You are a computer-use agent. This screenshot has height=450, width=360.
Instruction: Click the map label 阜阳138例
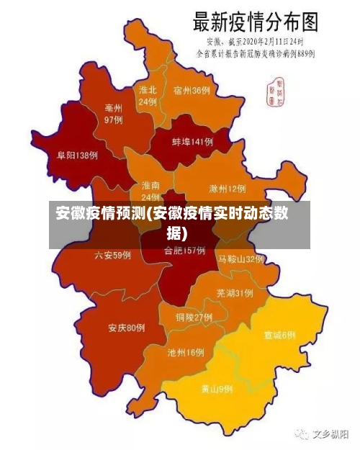(x=78, y=156)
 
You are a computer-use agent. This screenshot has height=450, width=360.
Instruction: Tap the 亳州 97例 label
(x=114, y=114)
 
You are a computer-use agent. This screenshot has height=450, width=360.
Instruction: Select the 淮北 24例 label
(x=148, y=96)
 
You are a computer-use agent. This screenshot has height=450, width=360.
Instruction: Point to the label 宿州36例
(x=192, y=91)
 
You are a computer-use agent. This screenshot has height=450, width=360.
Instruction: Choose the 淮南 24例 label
(x=150, y=191)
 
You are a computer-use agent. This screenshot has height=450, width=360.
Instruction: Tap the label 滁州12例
(x=228, y=189)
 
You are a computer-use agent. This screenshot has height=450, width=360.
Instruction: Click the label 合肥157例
(x=185, y=251)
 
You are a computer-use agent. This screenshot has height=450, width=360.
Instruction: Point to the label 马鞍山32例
(x=241, y=259)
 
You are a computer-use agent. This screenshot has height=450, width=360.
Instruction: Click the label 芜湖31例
(x=234, y=293)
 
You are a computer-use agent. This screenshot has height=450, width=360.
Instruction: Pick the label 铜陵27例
(x=194, y=317)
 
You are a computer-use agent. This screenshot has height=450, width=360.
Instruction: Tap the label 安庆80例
(x=127, y=328)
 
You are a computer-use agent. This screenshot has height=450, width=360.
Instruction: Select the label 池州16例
(x=186, y=353)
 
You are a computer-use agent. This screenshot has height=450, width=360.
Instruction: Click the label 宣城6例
(x=279, y=336)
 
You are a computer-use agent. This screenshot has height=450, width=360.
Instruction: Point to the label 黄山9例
(x=217, y=390)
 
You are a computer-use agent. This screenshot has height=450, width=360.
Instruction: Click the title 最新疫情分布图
(x=255, y=21)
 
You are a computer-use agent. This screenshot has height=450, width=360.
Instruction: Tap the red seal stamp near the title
(x=276, y=89)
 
